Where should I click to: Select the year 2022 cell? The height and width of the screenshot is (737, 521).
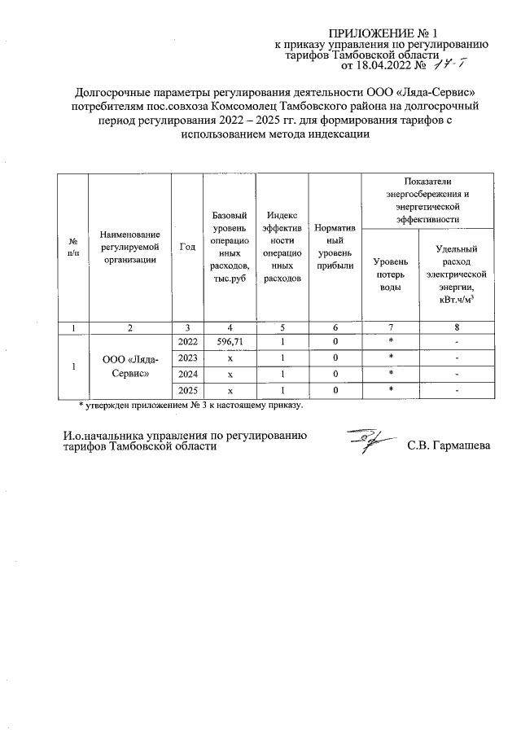tap(186, 341)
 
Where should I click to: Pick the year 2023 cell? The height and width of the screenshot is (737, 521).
tap(186, 358)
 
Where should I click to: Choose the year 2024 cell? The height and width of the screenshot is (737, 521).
tap(186, 375)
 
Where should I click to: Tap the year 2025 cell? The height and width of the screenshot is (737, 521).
tap(186, 391)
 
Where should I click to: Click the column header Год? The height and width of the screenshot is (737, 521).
tap(186, 247)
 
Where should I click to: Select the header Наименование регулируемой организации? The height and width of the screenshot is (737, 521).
tap(129, 247)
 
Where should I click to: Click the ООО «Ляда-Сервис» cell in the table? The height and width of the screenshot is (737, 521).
tap(129, 366)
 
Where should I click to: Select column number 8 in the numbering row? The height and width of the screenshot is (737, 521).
tap(455, 327)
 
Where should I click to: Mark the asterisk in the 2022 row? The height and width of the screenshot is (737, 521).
tap(391, 341)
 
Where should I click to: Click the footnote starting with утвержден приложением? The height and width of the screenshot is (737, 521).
tap(190, 405)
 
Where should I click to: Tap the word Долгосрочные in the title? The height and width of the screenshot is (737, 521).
tap(112, 93)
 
